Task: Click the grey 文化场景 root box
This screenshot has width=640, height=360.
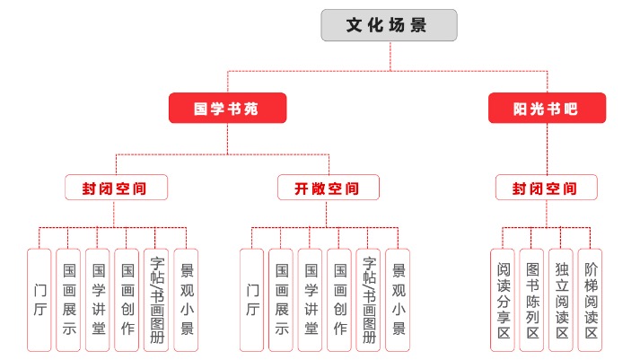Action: tap(389, 25)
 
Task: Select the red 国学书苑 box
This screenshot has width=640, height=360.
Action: tap(227, 109)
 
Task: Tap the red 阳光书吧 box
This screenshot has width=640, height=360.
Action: tap(546, 109)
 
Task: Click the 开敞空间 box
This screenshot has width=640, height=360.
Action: tap(327, 188)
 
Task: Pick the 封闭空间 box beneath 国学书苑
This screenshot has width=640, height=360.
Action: tap(114, 188)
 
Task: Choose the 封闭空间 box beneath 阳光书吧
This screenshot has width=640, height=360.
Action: tap(546, 188)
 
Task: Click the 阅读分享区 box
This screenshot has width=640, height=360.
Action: tap(504, 300)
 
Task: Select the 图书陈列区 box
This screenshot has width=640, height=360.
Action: tap(532, 300)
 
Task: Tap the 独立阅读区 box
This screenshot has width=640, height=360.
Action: tap(561, 300)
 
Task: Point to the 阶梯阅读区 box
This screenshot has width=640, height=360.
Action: tap(590, 300)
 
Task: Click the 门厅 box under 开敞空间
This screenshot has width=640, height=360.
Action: tap(252, 300)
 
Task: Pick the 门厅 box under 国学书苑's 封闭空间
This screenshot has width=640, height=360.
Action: tap(39, 300)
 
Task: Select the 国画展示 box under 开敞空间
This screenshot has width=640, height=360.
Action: tap(282, 300)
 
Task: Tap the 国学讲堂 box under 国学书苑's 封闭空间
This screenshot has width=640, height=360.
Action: tap(98, 300)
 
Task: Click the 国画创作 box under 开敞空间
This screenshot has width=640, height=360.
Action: tap(340, 300)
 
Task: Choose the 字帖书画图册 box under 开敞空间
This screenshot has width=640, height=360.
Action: tap(369, 300)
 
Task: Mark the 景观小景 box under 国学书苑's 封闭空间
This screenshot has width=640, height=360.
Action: tap(186, 300)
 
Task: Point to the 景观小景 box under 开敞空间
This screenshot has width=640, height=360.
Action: tap(398, 300)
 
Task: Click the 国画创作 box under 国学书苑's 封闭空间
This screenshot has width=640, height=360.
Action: tap(127, 300)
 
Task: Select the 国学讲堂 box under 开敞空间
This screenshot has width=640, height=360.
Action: tap(311, 300)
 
